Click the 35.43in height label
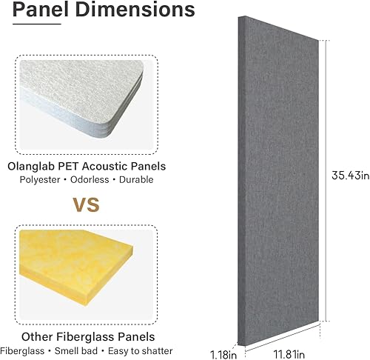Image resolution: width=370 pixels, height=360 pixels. pyautogui.click(x=346, y=176)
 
